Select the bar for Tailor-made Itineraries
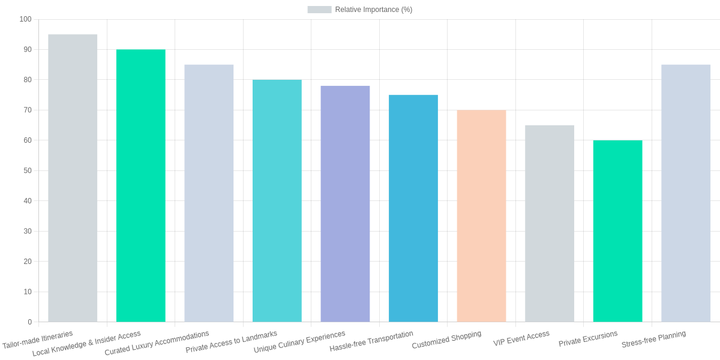click(x=73, y=178)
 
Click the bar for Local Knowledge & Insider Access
click(x=140, y=185)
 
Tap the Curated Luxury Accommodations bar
click(x=209, y=193)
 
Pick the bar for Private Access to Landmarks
click(x=277, y=201)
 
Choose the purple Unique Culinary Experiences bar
click(x=345, y=204)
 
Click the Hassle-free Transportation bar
click(x=413, y=208)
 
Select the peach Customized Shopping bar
click(x=481, y=216)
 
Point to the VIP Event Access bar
click(x=549, y=223)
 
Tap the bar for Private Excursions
click(x=617, y=231)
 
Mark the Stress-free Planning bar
click(x=685, y=193)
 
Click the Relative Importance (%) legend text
click(x=373, y=10)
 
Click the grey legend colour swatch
click(x=319, y=10)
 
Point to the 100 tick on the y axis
click(x=25, y=19)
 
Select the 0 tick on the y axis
click(x=29, y=322)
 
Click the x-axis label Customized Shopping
click(x=446, y=340)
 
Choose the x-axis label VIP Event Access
click(x=521, y=338)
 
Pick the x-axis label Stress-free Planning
click(x=653, y=339)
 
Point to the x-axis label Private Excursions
click(x=588, y=339)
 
